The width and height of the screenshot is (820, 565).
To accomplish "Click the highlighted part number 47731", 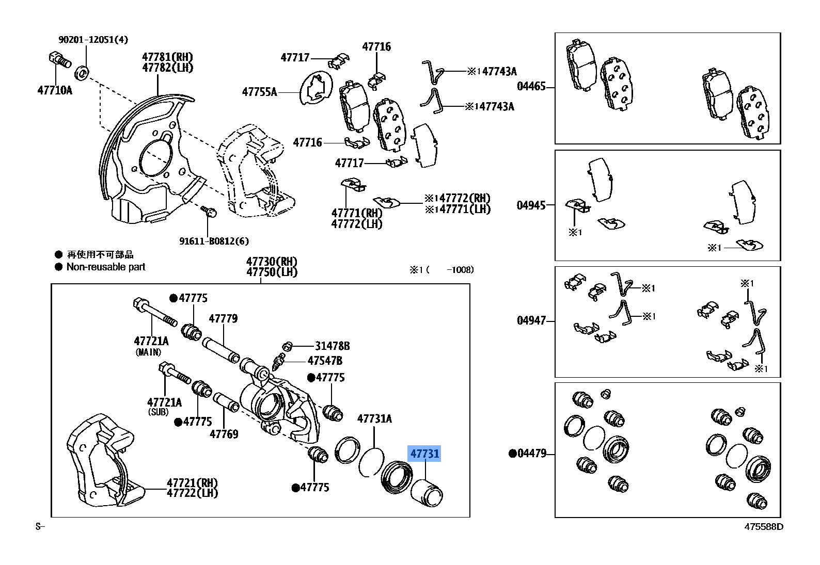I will click(424, 454).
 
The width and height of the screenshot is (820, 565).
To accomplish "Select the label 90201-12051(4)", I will click(93, 40).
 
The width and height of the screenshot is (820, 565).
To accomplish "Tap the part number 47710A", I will click(55, 90).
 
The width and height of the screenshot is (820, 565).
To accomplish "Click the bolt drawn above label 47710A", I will click(60, 61).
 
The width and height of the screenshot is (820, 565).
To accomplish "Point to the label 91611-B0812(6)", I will click(214, 241).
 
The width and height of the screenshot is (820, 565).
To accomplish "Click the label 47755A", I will click(259, 92).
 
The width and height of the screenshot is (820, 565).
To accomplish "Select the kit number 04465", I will click(531, 86).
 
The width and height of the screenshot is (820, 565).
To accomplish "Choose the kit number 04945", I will click(531, 205).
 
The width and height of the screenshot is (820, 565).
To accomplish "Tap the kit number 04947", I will click(531, 320).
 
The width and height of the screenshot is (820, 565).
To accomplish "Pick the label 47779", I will click(223, 318).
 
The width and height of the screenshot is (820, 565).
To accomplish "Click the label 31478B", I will click(332, 346).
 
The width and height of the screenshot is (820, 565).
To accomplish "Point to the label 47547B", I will click(325, 361).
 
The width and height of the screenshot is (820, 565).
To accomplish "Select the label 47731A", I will click(374, 418).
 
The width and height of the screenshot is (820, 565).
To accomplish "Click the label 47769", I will click(224, 434).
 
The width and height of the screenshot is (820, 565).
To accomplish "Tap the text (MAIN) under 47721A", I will click(148, 352).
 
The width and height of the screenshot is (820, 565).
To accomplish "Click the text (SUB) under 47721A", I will click(158, 412).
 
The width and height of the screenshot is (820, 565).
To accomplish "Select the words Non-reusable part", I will click(106, 267).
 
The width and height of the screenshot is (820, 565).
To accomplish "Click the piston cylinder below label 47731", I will click(427, 493).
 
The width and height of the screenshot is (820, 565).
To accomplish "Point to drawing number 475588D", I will click(763, 526).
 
